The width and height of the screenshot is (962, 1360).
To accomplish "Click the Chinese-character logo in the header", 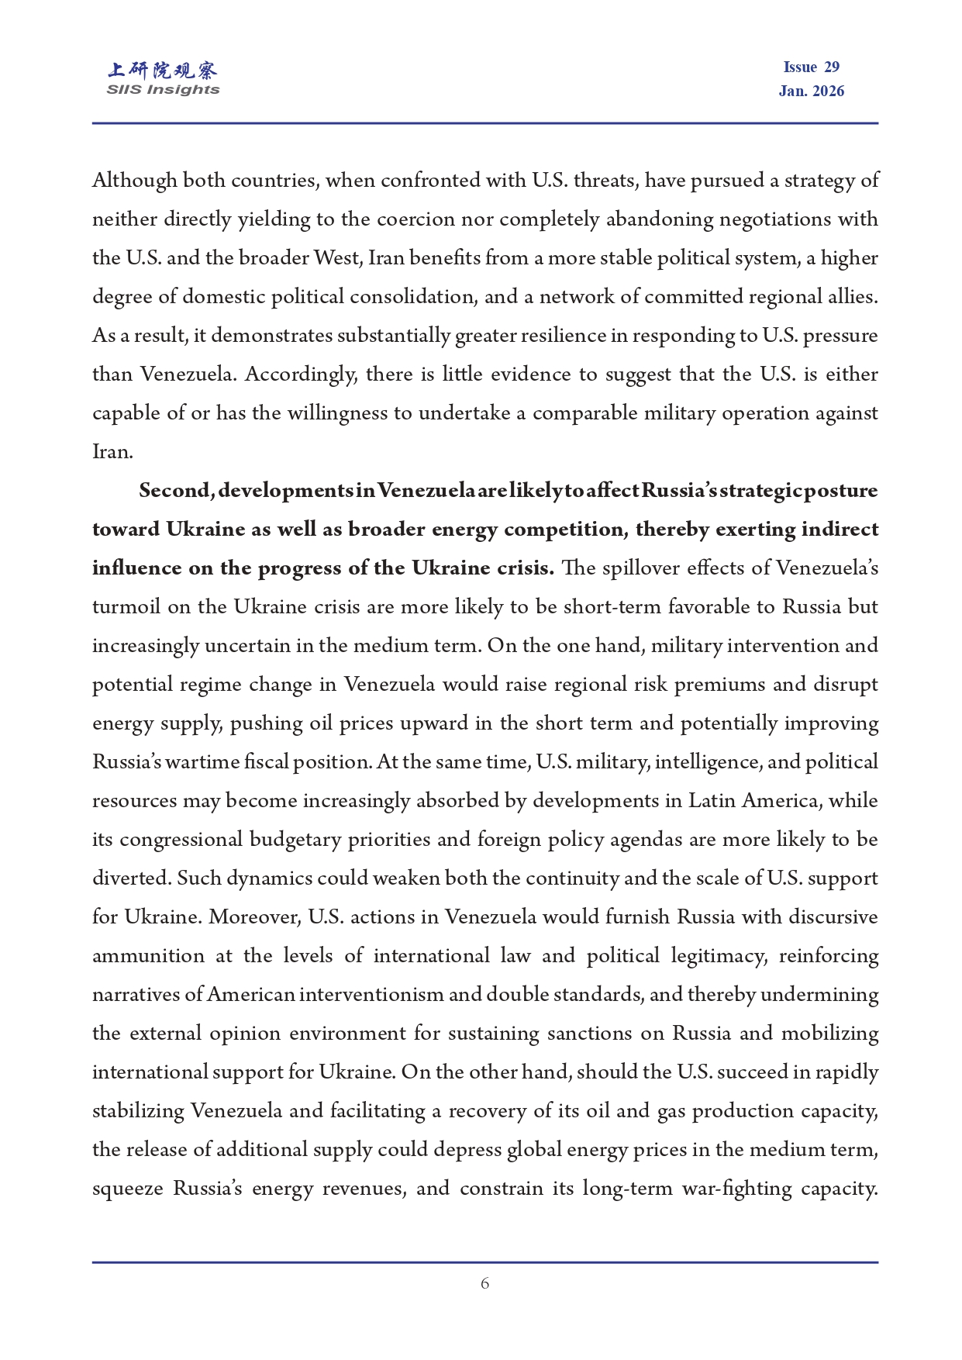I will [x=163, y=71].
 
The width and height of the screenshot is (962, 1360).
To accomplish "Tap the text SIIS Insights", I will [x=163, y=90].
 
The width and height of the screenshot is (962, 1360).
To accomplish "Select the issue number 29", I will [x=832, y=67].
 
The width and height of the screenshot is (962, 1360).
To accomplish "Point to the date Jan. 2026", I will [x=811, y=91].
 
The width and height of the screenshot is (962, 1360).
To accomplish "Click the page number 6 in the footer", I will [x=484, y=1283].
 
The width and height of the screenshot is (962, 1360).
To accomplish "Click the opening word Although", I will [x=135, y=181].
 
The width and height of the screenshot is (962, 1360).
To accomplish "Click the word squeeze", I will [x=127, y=1189].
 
